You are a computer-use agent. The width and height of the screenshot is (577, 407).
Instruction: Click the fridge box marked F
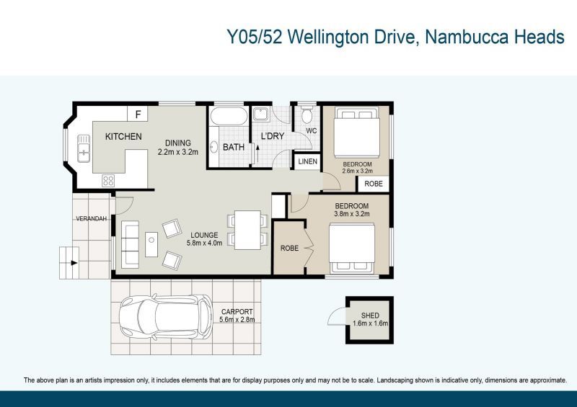(x=138, y=114)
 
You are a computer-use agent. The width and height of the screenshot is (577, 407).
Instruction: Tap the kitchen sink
(x=84, y=148)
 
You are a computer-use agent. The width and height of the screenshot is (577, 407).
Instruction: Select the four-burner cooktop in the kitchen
(x=108, y=181)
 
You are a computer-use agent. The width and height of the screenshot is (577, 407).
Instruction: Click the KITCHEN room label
(x=123, y=136)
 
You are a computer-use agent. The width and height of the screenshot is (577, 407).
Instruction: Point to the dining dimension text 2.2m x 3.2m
(x=178, y=152)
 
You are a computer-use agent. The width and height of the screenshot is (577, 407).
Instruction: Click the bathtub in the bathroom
(x=229, y=116)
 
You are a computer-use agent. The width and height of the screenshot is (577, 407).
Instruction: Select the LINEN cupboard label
(x=308, y=161)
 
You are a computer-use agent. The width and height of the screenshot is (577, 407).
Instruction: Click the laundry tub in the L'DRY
(x=261, y=114)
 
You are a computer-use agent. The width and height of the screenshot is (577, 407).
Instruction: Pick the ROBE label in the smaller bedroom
(x=374, y=184)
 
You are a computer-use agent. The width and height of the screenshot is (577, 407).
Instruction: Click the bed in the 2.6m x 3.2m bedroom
(x=356, y=132)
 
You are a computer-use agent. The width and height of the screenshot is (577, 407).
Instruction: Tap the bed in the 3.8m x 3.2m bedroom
(x=352, y=249)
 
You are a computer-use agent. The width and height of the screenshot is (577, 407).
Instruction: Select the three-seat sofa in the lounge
(x=130, y=244)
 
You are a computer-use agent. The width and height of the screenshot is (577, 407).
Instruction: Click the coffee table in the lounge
(x=151, y=244)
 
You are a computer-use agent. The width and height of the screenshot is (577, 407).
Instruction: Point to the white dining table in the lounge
(x=247, y=231)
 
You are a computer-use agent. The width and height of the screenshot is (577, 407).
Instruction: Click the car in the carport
(x=166, y=316)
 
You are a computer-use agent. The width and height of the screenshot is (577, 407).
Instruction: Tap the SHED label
(x=370, y=316)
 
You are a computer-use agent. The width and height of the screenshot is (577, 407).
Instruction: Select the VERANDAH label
(x=92, y=218)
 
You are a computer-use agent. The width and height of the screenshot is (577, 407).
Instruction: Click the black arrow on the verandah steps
(x=74, y=263)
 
